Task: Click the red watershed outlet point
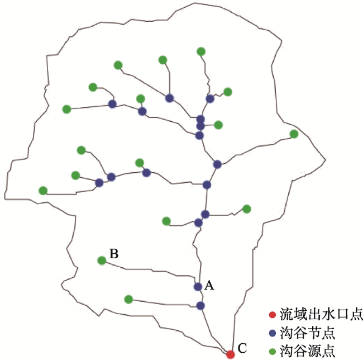(230, 354)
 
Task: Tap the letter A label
(209, 285)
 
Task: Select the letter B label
(114, 254)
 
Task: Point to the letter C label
(242, 348)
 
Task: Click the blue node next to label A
(198, 287)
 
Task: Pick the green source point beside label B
(102, 260)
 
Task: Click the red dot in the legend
(273, 315)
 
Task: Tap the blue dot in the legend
(273, 333)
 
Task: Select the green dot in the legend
(273, 352)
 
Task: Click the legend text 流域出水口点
(321, 315)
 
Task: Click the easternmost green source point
(294, 134)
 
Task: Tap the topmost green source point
(201, 51)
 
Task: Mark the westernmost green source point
(43, 191)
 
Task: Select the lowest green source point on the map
(128, 299)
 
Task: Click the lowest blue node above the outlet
(200, 306)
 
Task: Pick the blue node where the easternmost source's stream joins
(217, 164)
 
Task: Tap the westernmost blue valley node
(99, 183)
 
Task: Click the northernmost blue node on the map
(169, 98)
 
